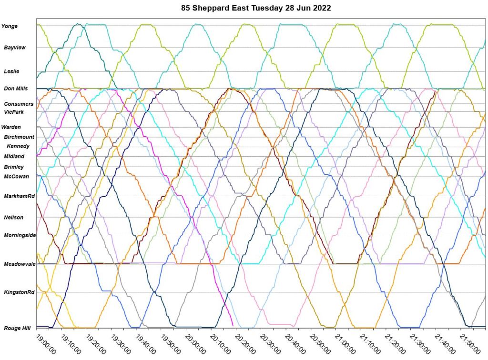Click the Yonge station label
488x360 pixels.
click(x=10, y=26)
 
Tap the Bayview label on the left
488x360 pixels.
click(x=15, y=48)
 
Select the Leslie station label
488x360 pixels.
click(x=11, y=71)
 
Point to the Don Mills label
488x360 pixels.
click(x=16, y=89)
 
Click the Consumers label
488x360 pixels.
click(x=19, y=104)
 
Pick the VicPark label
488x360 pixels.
click(x=14, y=112)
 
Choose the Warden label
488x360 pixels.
click(x=11, y=127)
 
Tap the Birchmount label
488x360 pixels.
click(x=19, y=137)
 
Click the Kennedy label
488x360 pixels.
click(x=18, y=146)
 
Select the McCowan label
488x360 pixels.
click(x=17, y=177)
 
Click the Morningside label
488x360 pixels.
click(x=20, y=235)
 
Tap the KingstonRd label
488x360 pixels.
click(x=19, y=292)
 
